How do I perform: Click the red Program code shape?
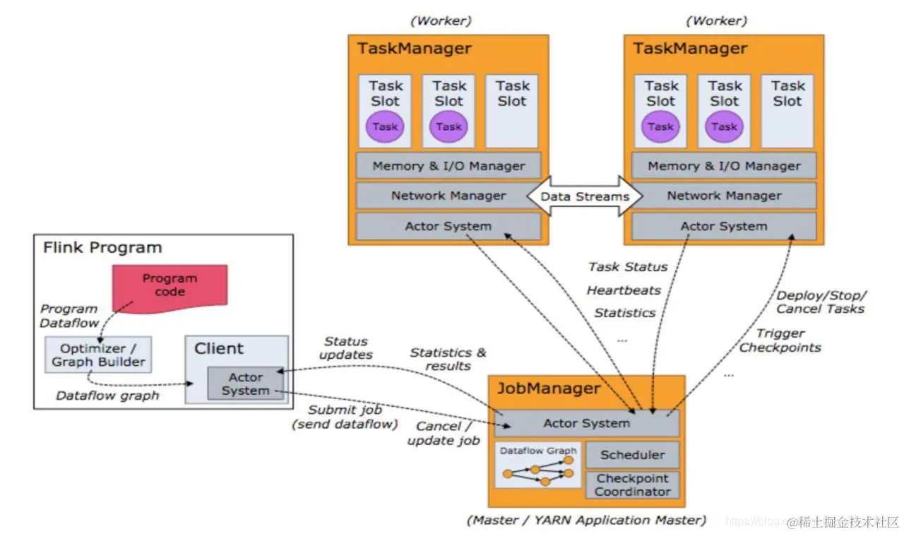click(169, 285)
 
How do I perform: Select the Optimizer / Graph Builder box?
click(97, 355)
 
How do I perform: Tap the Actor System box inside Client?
click(245, 384)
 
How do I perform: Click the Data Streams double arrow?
click(585, 196)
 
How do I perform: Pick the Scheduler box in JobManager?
click(632, 455)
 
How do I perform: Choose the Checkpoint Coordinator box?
click(632, 485)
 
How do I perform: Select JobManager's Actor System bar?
click(586, 423)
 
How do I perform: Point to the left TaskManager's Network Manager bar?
click(448, 196)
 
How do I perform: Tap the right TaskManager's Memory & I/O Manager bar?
click(724, 166)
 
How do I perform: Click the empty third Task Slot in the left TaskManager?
click(512, 110)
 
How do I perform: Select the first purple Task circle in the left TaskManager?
click(385, 127)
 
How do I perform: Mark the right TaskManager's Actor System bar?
click(724, 227)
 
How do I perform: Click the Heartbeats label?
click(624, 290)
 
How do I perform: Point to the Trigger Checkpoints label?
click(780, 340)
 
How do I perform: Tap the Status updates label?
click(345, 348)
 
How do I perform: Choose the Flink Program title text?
click(102, 248)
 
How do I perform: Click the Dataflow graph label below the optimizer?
click(107, 396)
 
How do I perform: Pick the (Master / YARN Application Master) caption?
click(586, 520)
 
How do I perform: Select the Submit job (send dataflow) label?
click(345, 417)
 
